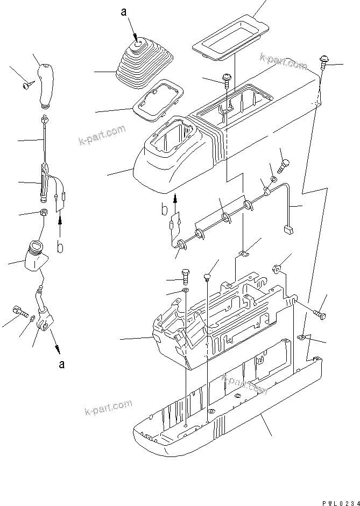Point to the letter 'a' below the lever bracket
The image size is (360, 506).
point(62,364)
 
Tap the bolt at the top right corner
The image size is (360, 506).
point(324,64)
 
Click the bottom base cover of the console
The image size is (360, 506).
point(226,409)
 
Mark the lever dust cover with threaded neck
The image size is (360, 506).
point(35,256)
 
